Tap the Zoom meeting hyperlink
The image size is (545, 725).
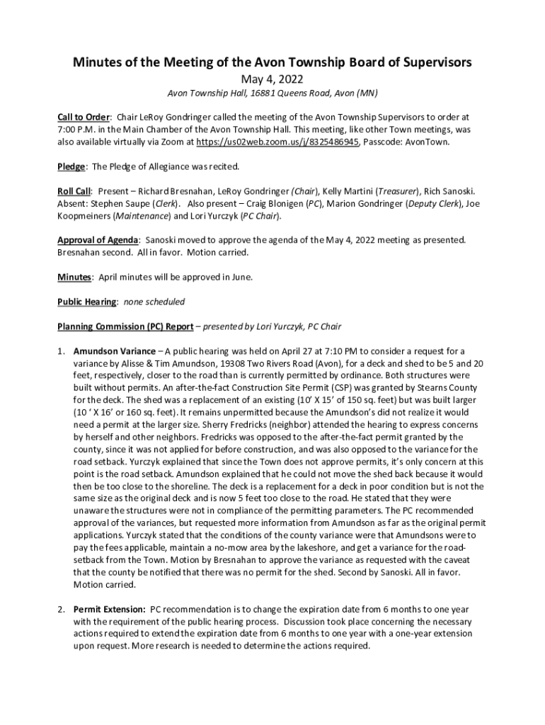[279, 142]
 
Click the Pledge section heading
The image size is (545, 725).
[71, 166]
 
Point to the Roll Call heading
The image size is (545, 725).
[74, 191]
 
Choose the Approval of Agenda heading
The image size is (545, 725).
[98, 240]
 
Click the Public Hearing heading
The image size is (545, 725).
[87, 302]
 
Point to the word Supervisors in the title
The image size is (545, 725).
[429, 62]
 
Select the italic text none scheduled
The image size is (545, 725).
[154, 302]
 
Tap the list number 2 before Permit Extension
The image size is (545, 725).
[61, 609]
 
